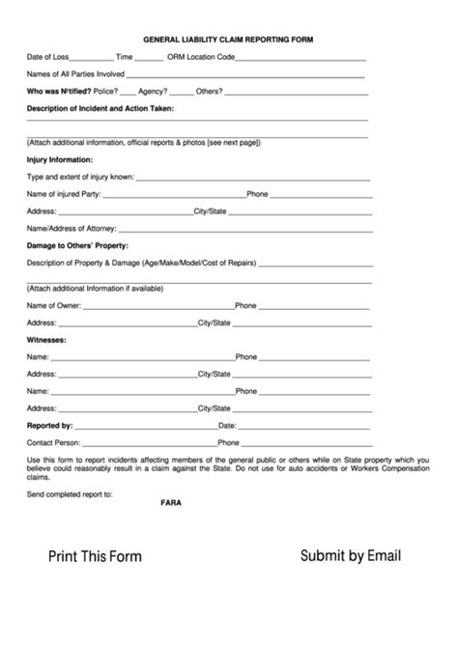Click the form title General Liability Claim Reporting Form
tap(228, 41)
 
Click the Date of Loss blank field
tap(92, 58)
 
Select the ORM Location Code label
tap(201, 58)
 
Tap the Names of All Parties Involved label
tap(75, 74)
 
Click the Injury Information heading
tap(60, 159)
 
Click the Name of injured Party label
tap(64, 194)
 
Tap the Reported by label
tap(50, 425)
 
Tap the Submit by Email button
tap(351, 555)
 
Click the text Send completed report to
tap(71, 493)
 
